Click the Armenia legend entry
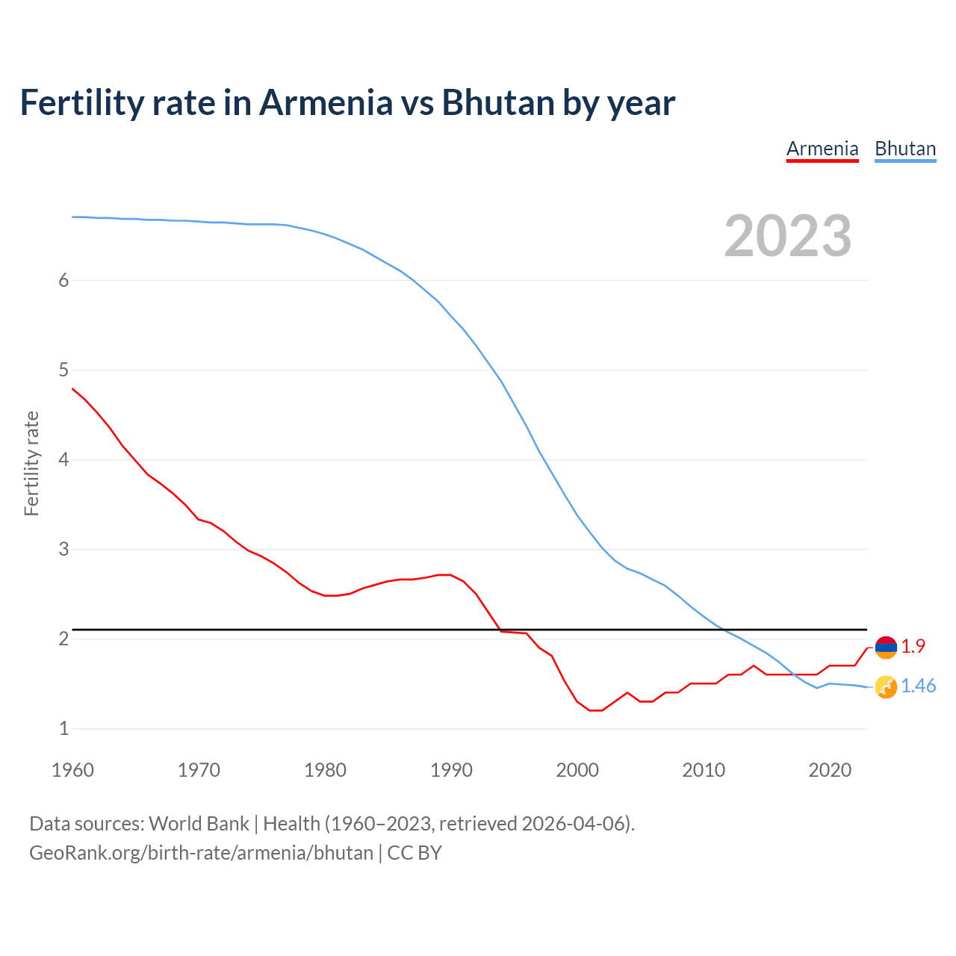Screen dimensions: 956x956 [x=822, y=149]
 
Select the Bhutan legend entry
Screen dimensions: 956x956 [x=905, y=149]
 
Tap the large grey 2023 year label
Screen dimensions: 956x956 [x=788, y=236]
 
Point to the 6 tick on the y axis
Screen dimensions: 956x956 [x=63, y=280]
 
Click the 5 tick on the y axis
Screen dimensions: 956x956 [x=63, y=370]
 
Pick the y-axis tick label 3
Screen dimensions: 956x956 [x=63, y=549]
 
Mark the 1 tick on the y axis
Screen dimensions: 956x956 [x=63, y=728]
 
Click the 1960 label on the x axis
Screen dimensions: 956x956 [x=72, y=770]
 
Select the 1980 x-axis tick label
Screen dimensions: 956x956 [x=325, y=770]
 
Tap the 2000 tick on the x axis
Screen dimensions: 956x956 [x=577, y=770]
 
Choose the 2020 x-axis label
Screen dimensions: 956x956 [x=830, y=770]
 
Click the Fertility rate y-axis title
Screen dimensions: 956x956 [x=31, y=463]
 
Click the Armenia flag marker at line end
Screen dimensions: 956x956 [x=886, y=648]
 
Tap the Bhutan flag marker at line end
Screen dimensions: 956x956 [x=886, y=687]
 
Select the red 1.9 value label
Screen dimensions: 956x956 [x=913, y=647]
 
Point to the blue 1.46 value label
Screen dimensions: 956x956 [x=918, y=686]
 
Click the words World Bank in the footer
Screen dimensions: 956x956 [x=199, y=824]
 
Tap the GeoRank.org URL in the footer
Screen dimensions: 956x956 [x=201, y=853]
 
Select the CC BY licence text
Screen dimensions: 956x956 [x=415, y=853]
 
